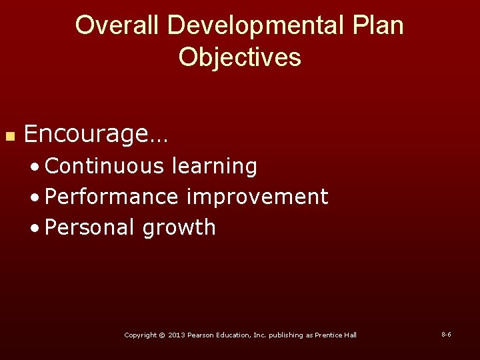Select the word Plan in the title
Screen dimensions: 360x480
378,25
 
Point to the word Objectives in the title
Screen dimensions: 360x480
240,57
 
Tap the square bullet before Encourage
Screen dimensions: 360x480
9,136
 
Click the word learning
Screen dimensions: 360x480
214,166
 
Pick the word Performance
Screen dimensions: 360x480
111,197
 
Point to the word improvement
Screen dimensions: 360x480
257,197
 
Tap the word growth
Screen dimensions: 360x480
179,227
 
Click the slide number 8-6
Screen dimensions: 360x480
446,334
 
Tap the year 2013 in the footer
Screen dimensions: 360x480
177,335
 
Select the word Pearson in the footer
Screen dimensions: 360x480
201,335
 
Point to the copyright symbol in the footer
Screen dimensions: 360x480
161,335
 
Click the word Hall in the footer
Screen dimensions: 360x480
350,335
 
